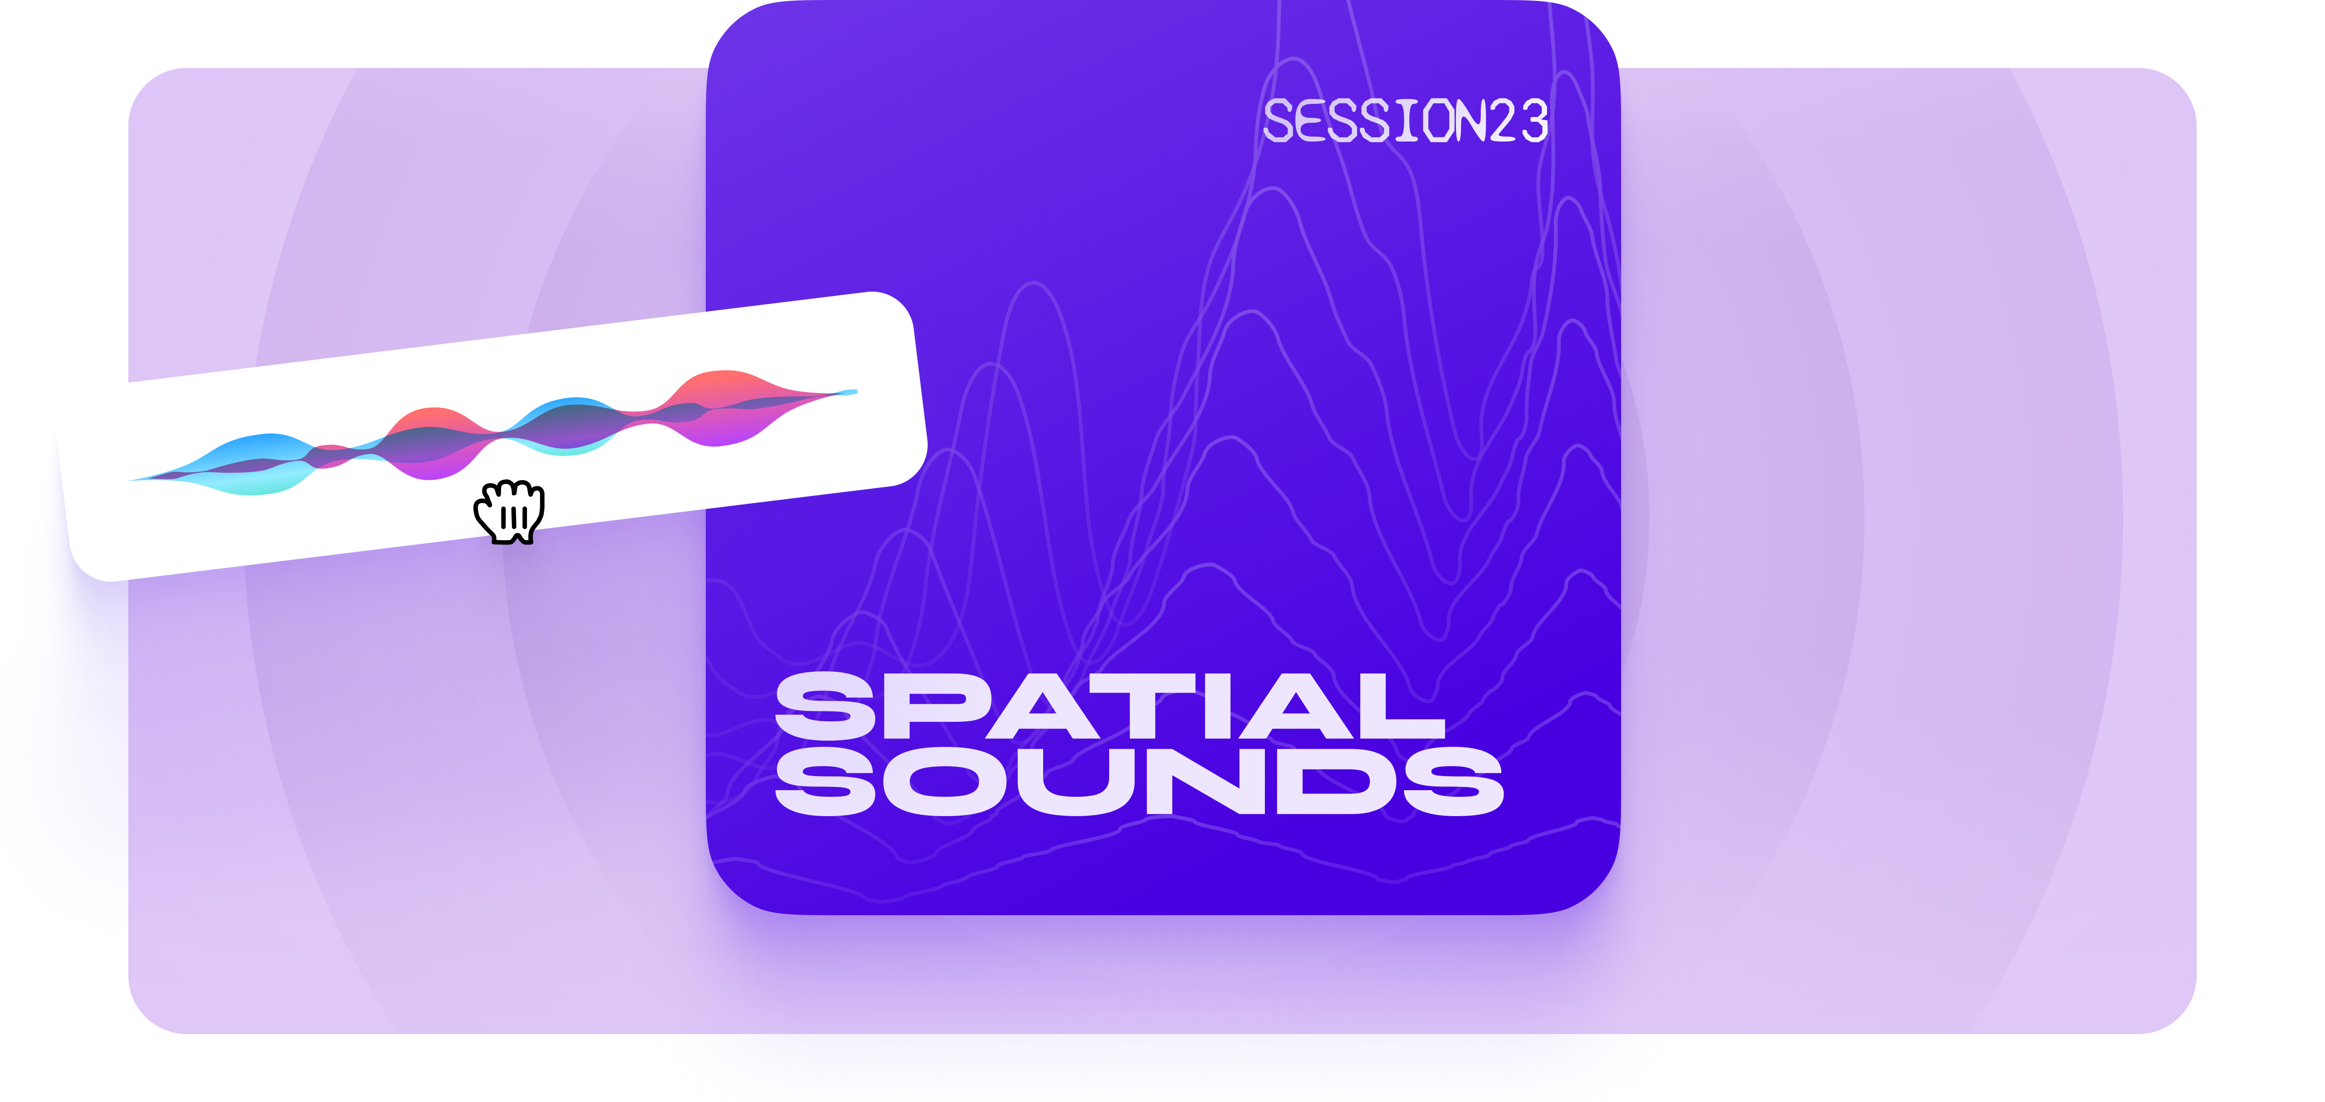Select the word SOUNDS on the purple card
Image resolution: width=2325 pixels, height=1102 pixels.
coord(1139,782)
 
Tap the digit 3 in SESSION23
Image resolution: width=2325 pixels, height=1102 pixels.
coord(1534,122)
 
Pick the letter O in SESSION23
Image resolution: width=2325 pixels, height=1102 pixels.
coord(1435,122)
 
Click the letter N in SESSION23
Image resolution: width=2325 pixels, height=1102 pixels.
coord(1469,122)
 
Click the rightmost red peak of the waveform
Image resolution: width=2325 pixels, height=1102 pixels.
coord(722,384)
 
